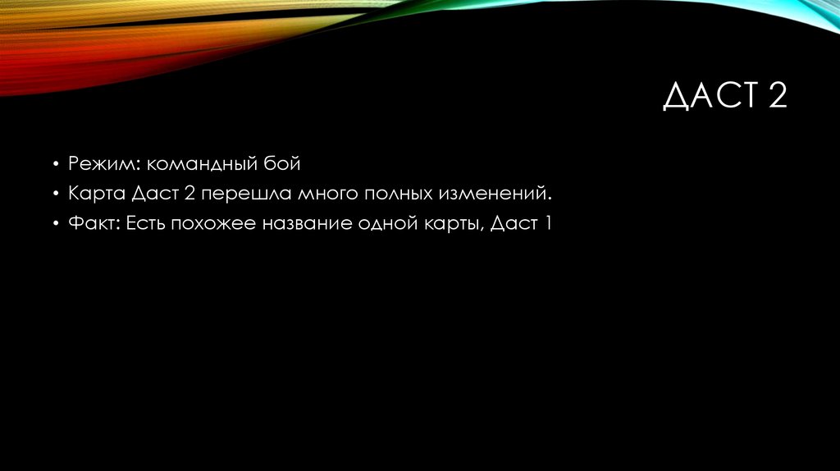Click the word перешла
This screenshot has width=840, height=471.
point(242,195)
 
